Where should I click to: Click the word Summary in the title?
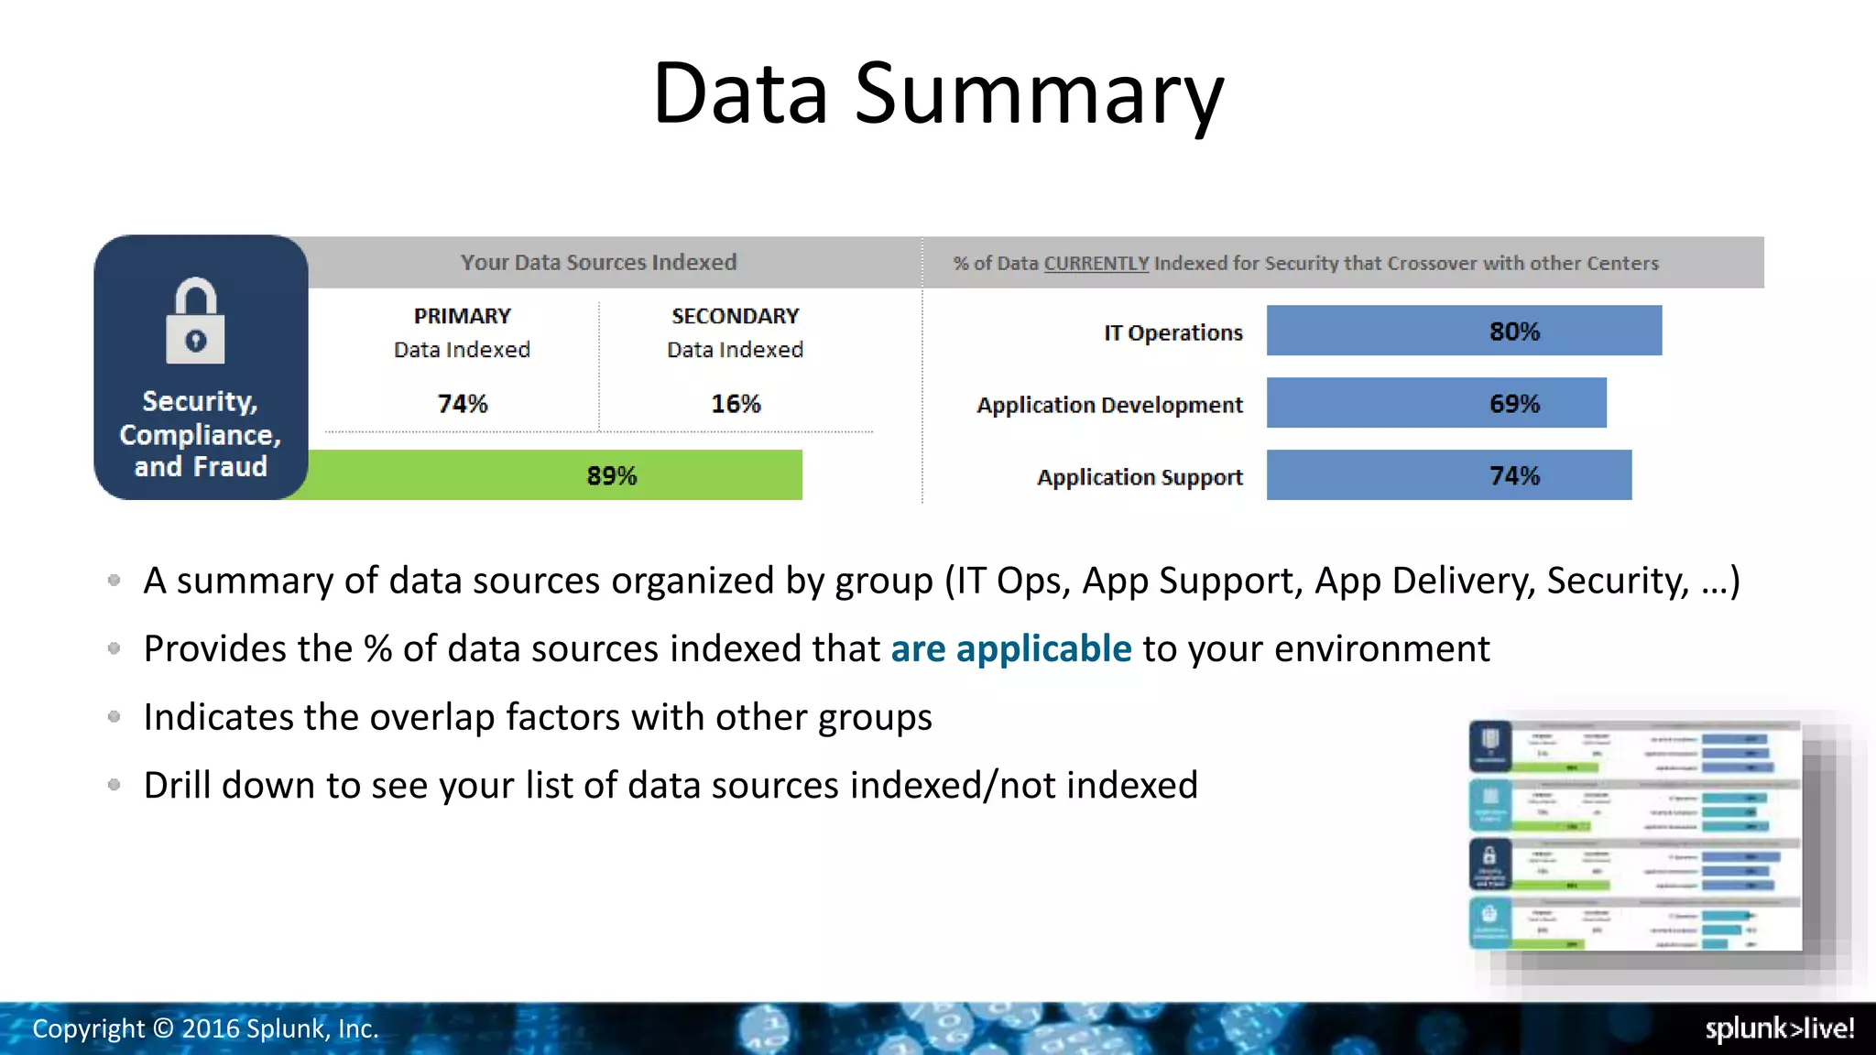tap(1039, 93)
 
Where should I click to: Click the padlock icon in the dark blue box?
tap(195, 321)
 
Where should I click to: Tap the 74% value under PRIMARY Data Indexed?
tap(462, 404)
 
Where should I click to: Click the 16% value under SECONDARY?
tap(736, 404)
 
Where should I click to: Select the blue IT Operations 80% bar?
tap(1463, 331)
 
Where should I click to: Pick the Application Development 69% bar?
tap(1435, 403)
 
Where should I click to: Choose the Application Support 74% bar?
tap(1448, 475)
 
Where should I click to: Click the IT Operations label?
tap(1172, 332)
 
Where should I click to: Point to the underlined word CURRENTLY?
tap(1096, 264)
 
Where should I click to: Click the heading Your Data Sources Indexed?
tap(598, 263)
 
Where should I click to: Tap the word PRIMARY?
tap(462, 316)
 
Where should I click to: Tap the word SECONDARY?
tap(735, 316)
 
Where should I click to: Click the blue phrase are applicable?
tap(1010, 648)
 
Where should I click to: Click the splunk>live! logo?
tap(1779, 1028)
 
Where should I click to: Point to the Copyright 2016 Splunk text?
tap(205, 1028)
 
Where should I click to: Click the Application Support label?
tap(1140, 477)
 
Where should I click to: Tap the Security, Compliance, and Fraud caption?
tap(201, 434)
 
